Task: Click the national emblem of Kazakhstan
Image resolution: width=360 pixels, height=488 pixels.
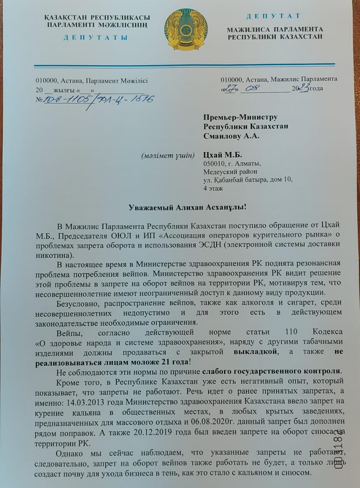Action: coord(186,29)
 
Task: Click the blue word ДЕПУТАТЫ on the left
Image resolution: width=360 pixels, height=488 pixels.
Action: coord(96,37)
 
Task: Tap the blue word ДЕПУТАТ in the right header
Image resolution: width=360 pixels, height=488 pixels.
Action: coord(273,16)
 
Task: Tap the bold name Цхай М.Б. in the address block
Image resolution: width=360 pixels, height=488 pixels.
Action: coord(223,155)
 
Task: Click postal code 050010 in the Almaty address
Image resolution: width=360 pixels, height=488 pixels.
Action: coord(214,164)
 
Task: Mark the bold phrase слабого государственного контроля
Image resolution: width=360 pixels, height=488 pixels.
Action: coord(271,371)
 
